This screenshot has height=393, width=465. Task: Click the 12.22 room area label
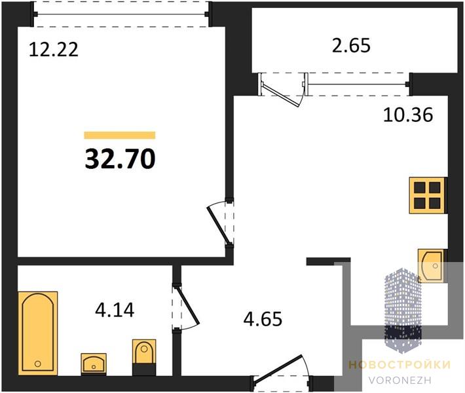[x=54, y=49]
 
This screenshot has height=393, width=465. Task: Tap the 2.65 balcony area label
[x=351, y=46]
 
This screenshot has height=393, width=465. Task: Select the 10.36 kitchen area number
[x=408, y=115]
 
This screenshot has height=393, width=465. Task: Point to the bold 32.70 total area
[x=120, y=159]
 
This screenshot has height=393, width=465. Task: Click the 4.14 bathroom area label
[x=115, y=310]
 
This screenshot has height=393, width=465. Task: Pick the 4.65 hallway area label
[x=263, y=319]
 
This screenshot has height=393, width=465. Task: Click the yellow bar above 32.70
[x=120, y=135]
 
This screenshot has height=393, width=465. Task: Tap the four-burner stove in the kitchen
[x=427, y=195]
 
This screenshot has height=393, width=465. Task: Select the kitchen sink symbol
[x=431, y=265]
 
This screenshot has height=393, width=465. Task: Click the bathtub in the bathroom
[x=38, y=333]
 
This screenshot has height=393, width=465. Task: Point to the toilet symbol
[x=144, y=357]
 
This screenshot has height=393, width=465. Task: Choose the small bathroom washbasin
[x=94, y=364]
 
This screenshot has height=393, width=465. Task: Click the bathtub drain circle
[x=38, y=364]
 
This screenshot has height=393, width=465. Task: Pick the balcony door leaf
[x=281, y=96]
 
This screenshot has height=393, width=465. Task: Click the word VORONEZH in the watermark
[x=400, y=381]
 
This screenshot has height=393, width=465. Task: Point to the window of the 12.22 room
[x=121, y=14]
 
